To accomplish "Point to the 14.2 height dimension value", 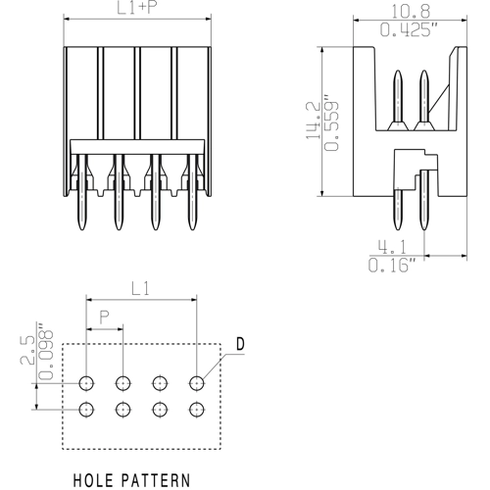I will pyautogui.click(x=312, y=120).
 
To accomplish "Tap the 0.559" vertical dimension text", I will pyautogui.click(x=332, y=122).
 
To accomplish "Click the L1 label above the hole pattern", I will pyautogui.click(x=141, y=288).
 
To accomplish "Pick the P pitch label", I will pyautogui.click(x=105, y=318).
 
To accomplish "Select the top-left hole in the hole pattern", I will pyautogui.click(x=86, y=383).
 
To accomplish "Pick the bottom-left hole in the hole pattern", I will pyautogui.click(x=86, y=410).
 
